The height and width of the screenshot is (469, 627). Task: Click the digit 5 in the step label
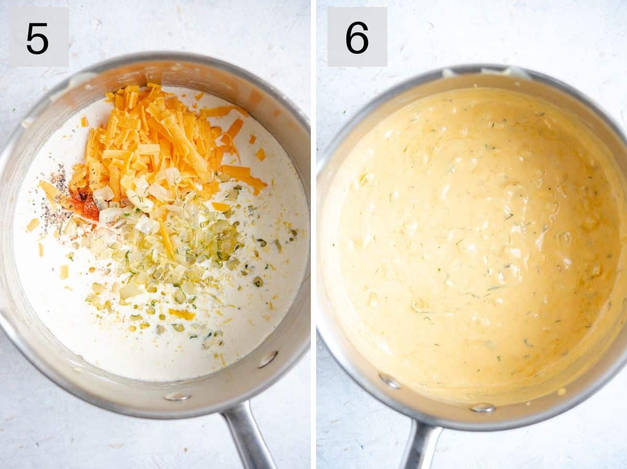pyautogui.click(x=37, y=39)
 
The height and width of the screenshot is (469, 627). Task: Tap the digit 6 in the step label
pyautogui.click(x=357, y=38)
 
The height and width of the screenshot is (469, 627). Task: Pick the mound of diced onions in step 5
pyautogui.click(x=172, y=245)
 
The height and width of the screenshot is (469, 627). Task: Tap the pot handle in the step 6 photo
pyautogui.click(x=421, y=446)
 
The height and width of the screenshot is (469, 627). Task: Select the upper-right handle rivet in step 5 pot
pyautogui.click(x=268, y=359)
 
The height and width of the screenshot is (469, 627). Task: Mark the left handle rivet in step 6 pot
pyautogui.click(x=389, y=381)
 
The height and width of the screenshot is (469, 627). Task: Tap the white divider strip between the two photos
pyautogui.click(x=313, y=235)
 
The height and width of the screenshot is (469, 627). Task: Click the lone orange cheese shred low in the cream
pyautogui.click(x=181, y=314)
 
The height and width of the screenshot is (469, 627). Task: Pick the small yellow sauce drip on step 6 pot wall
pyautogui.click(x=562, y=391)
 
